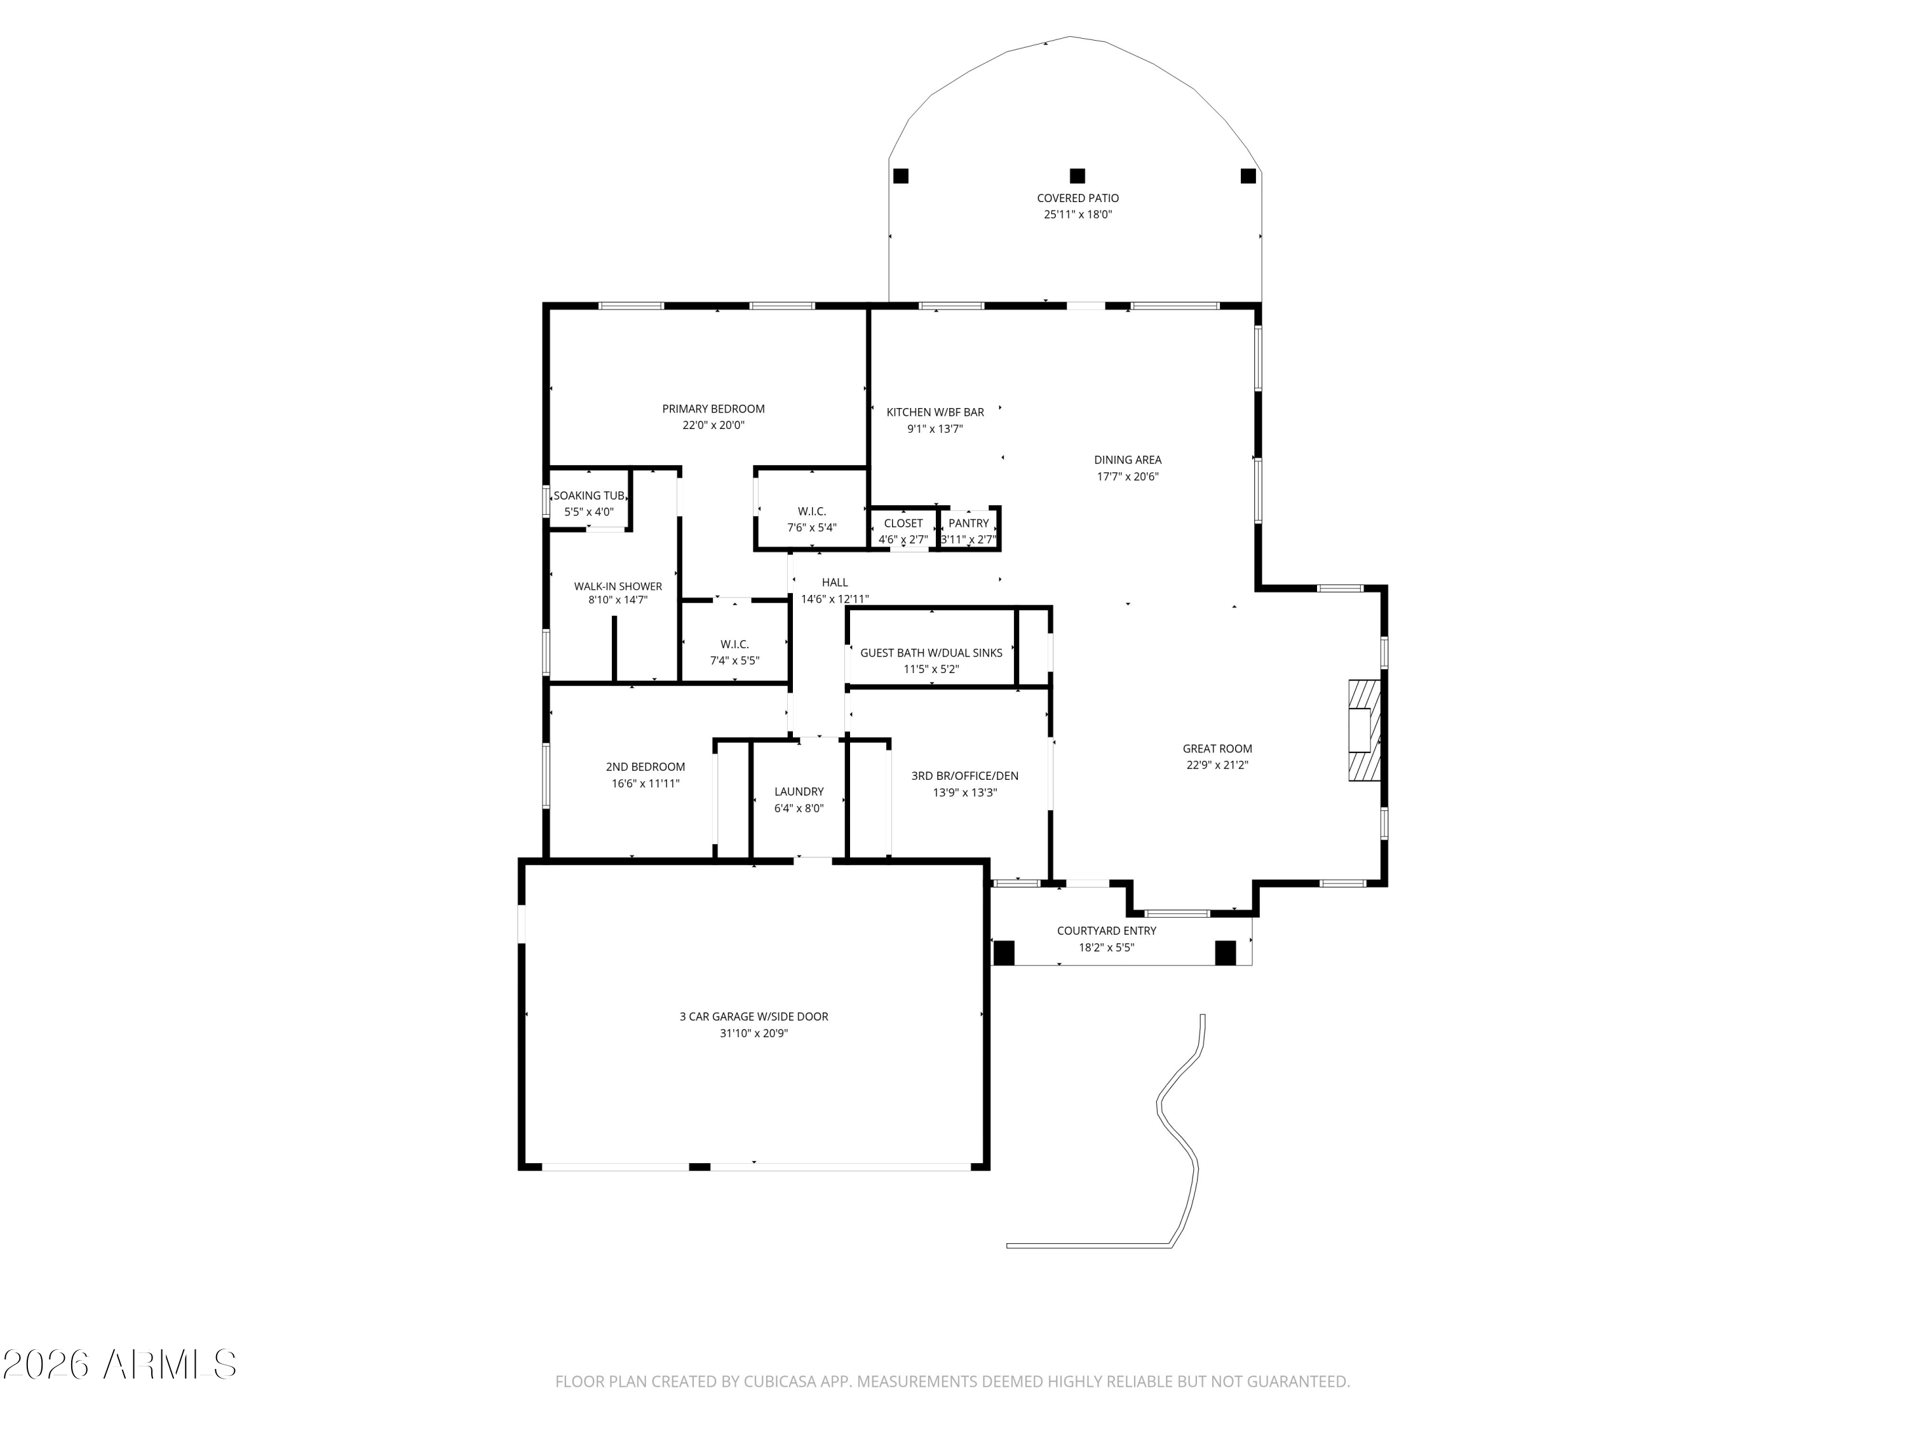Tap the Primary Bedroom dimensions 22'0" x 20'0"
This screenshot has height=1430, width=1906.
tap(713, 425)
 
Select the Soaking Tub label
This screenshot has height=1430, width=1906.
tap(590, 496)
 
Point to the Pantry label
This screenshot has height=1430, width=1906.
tap(968, 523)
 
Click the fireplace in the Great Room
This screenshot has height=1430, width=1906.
tap(1364, 731)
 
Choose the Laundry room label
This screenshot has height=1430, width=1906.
tap(799, 791)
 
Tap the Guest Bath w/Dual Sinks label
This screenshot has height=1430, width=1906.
tap(931, 653)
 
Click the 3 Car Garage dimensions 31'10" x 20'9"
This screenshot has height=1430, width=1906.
tap(754, 1033)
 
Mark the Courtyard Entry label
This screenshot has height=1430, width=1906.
tap(1106, 931)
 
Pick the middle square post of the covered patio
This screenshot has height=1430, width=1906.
tap(1077, 176)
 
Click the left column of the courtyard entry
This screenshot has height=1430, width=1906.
tap(1004, 953)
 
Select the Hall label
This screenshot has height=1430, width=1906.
tap(835, 583)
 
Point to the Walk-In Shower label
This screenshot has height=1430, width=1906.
tap(618, 586)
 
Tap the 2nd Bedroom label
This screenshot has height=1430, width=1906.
tap(645, 767)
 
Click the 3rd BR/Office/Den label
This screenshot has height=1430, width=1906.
tap(965, 776)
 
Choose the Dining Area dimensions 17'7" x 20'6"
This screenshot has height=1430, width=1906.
tap(1128, 477)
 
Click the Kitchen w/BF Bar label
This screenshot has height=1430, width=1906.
tap(935, 412)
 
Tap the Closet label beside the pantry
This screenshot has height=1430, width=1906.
tap(903, 523)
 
